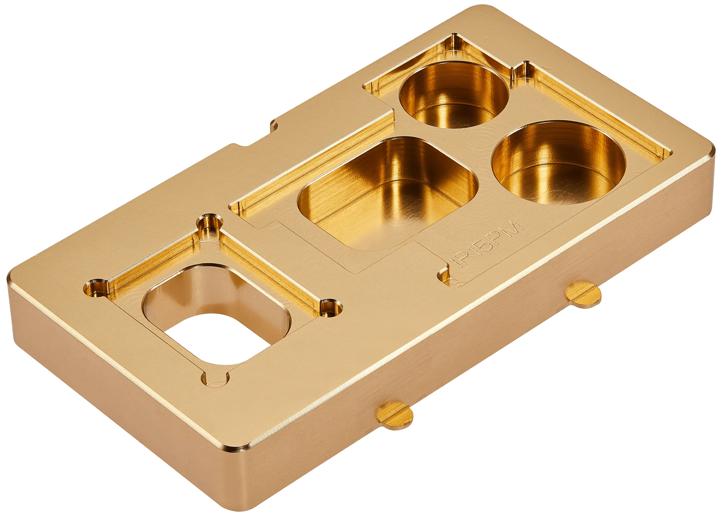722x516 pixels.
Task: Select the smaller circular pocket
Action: coord(454,95)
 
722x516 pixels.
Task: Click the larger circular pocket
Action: coord(558,162)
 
